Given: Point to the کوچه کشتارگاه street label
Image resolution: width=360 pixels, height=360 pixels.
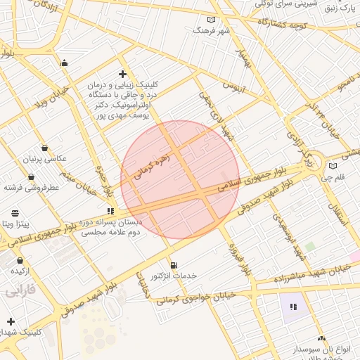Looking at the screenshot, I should (x=283, y=25).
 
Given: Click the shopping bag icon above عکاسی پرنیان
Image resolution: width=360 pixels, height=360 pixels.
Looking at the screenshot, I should (x=46, y=148).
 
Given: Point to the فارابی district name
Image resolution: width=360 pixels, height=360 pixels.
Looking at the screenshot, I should (x=20, y=290).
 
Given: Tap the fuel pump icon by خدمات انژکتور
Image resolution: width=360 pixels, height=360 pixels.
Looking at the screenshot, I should (x=174, y=265).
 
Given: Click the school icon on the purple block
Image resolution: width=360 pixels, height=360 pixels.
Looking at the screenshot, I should (x=293, y=307).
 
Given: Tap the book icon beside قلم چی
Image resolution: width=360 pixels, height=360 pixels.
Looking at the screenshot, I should (x=333, y=167).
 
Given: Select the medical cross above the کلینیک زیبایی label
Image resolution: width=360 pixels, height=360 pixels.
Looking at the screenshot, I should (x=122, y=74).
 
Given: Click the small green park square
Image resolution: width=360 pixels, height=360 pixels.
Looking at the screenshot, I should (x=309, y=247).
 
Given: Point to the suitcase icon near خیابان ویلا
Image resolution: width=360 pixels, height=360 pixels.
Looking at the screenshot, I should (x=65, y=64).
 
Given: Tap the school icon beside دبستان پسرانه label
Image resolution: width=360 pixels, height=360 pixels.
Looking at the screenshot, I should (x=110, y=210).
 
